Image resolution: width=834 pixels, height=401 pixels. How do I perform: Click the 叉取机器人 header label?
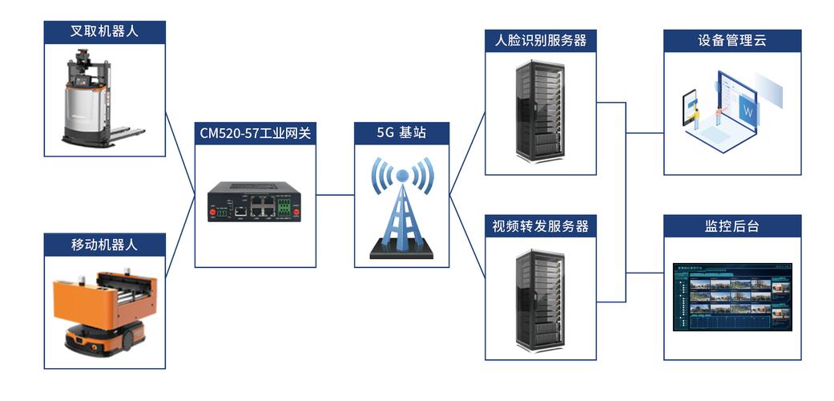click(105, 32)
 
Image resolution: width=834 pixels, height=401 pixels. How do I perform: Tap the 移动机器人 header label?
click(105, 245)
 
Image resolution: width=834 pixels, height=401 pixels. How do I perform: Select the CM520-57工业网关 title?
click(256, 133)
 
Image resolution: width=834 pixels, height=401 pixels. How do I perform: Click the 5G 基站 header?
click(401, 133)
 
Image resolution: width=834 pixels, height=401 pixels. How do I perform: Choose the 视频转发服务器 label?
click(541, 226)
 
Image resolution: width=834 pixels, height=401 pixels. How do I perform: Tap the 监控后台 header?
click(732, 226)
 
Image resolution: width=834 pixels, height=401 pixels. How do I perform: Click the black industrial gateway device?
click(255, 201)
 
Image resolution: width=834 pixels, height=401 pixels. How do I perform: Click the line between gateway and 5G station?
click(335, 195)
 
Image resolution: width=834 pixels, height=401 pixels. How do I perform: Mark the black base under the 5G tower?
click(401, 253)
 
